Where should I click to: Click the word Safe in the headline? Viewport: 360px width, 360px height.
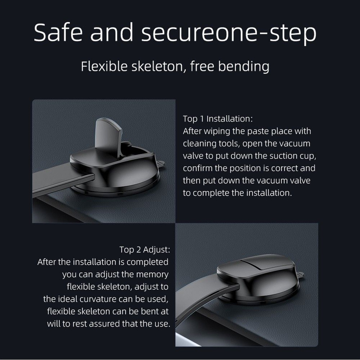pyautogui.click(x=58, y=32)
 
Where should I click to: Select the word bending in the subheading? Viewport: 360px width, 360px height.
pyautogui.click(x=243, y=67)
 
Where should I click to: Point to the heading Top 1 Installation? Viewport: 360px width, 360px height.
pyautogui.click(x=218, y=119)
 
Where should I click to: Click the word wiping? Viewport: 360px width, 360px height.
pyautogui.click(x=216, y=131)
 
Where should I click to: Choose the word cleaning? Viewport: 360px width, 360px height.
pyautogui.click(x=199, y=144)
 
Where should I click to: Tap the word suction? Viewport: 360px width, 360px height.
pyautogui.click(x=284, y=156)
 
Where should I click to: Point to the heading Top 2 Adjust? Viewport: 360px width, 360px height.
pyautogui.click(x=144, y=250)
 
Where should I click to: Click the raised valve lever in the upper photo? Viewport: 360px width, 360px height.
pyautogui.click(x=108, y=137)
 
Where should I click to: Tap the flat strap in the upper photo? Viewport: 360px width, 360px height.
pyautogui.click(x=63, y=181)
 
